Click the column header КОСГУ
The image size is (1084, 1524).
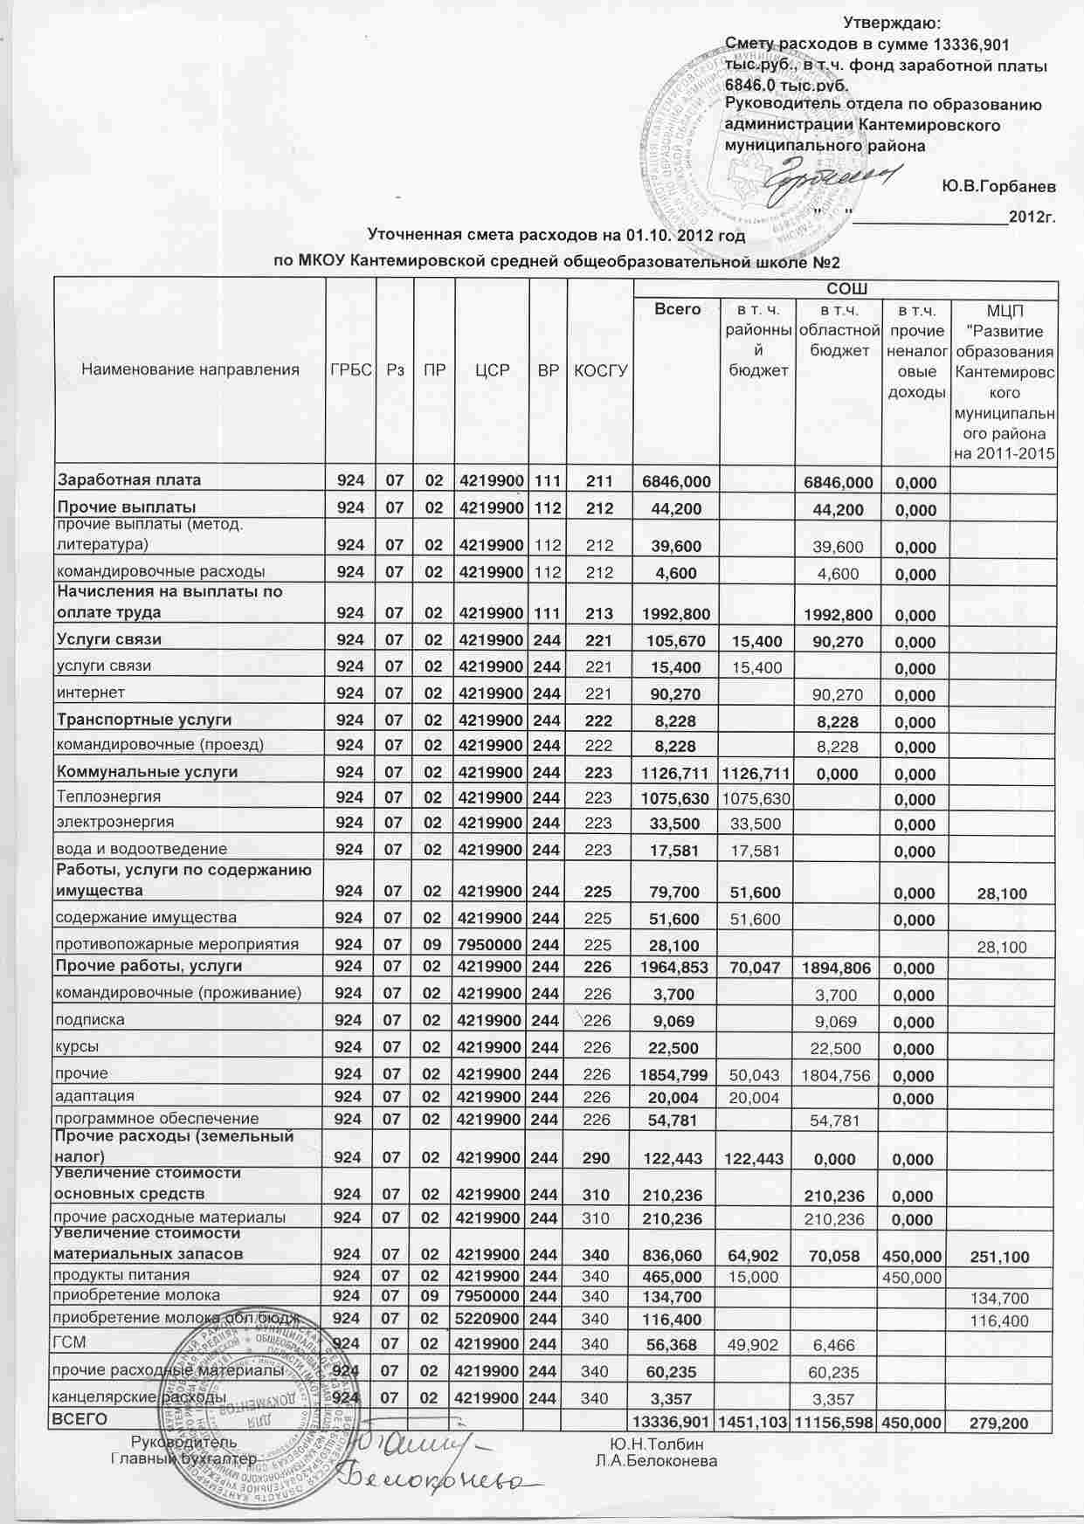(601, 370)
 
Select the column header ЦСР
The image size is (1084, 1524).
(492, 370)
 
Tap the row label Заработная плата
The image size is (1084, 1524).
(129, 479)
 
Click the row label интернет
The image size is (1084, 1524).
(91, 693)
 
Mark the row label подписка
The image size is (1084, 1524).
(90, 1020)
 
